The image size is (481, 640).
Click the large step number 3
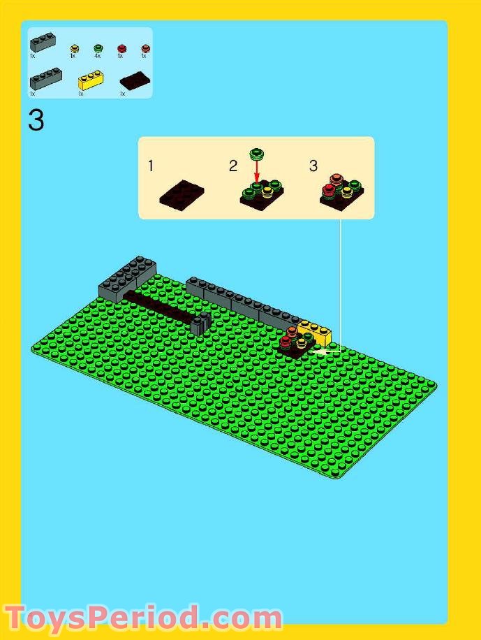[x=36, y=120]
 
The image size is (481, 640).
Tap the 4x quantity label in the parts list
[x=97, y=56]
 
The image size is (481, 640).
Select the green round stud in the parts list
[x=98, y=48]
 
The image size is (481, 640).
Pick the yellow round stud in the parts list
[x=74, y=48]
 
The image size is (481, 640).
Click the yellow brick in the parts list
[x=91, y=80]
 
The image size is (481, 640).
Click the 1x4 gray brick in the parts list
[x=45, y=77]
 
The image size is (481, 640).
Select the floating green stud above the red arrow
[x=257, y=152]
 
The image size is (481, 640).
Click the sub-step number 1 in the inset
[x=151, y=166]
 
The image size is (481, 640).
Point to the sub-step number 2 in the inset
[x=233, y=166]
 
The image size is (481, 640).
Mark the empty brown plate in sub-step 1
[x=182, y=194]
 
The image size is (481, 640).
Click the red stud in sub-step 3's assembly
[x=328, y=189]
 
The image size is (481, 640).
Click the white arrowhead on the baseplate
[x=321, y=351]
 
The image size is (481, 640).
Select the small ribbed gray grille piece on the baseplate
[x=202, y=323]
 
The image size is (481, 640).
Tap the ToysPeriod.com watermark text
[x=143, y=619]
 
